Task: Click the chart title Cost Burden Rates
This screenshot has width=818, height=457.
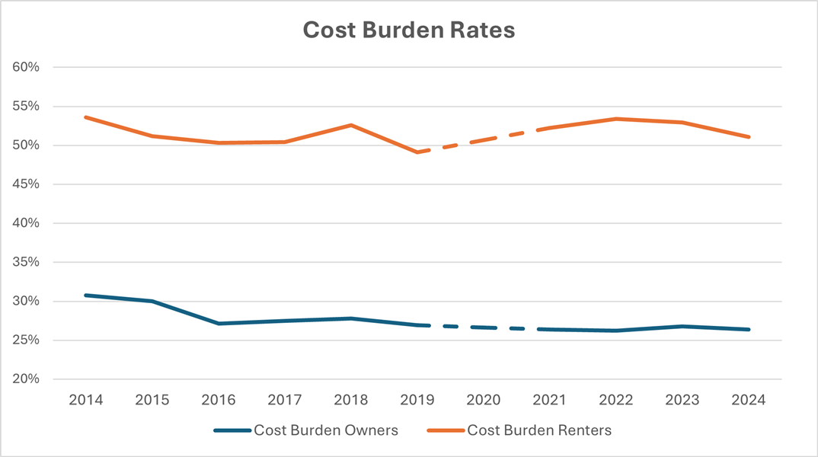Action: (x=409, y=30)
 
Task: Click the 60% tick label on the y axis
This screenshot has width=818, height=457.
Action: (x=26, y=67)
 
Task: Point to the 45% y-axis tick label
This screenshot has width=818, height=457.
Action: (x=26, y=184)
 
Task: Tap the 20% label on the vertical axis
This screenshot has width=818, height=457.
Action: (x=26, y=379)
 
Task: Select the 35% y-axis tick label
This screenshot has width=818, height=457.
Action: (x=26, y=262)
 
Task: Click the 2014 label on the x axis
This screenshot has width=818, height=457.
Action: (x=85, y=399)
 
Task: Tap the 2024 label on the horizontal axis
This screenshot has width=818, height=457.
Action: (x=749, y=399)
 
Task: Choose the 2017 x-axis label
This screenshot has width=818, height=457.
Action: (x=285, y=399)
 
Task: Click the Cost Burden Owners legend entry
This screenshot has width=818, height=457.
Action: (x=326, y=430)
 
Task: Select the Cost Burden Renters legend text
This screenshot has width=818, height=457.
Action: (x=539, y=430)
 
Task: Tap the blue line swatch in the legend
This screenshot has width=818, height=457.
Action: (x=232, y=431)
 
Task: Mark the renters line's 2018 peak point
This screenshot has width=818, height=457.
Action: (x=351, y=125)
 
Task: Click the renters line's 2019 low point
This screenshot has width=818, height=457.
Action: (x=417, y=152)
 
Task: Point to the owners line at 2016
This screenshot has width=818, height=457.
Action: (x=219, y=324)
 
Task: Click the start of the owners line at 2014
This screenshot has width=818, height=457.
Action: (x=85, y=295)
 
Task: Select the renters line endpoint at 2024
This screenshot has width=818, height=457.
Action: (x=749, y=137)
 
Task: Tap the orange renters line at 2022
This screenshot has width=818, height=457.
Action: (x=616, y=119)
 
